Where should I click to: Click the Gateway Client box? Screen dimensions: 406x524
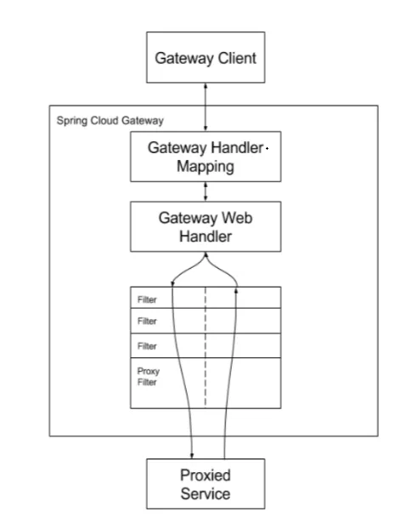coord(206,58)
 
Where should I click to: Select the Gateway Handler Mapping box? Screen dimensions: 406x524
coord(206,157)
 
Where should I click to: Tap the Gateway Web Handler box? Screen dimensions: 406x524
coord(206,226)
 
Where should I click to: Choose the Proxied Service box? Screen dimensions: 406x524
coord(206,484)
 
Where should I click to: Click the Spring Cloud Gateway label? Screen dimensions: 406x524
coord(110,121)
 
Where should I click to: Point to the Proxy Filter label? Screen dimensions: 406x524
coord(149,377)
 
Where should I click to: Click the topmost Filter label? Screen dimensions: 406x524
coord(147,299)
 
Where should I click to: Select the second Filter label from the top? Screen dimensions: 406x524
coord(147,322)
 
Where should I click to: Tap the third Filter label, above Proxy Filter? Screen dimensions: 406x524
coord(147,346)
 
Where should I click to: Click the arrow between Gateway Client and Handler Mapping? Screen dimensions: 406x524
coord(206,107)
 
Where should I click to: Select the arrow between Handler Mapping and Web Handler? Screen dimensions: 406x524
coord(206,191)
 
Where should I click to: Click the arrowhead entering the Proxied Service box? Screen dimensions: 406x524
coord(192,456)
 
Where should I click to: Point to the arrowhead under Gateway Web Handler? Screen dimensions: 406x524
coord(206,254)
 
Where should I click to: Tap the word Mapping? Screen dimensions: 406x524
coord(206,167)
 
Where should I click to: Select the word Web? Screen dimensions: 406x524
coord(237,218)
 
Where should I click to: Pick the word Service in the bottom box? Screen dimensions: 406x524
coord(206,494)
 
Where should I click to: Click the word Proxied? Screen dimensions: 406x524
coord(206,476)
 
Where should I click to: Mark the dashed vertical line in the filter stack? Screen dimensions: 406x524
coord(206,347)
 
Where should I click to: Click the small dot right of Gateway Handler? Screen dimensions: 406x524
coord(268,148)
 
